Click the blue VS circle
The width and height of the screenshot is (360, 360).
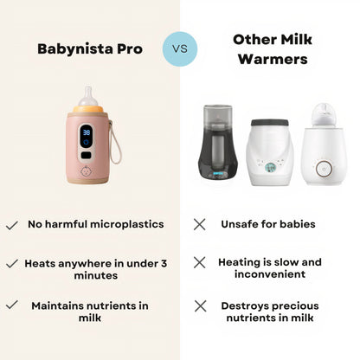[179, 49]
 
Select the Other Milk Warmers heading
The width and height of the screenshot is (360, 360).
[273, 48]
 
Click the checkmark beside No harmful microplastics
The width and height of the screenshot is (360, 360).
[12, 225]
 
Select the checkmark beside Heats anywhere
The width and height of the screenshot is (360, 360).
[12, 262]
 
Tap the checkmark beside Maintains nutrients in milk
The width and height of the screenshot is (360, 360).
[12, 305]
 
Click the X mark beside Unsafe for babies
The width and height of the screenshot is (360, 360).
[199, 225]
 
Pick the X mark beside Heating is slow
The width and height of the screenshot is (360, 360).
[199, 262]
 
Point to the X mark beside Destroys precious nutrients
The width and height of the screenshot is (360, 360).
[199, 305]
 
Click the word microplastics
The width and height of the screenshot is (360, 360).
[125, 225]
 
